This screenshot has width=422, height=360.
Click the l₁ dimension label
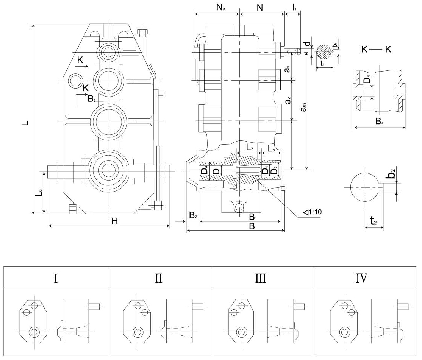294,7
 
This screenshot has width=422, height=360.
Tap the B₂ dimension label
193,215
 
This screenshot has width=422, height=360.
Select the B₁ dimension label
253,217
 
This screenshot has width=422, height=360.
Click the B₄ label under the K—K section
379,122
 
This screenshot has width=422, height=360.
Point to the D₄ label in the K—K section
367,81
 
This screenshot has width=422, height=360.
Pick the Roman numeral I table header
56,279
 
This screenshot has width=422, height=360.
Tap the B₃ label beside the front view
92,99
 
